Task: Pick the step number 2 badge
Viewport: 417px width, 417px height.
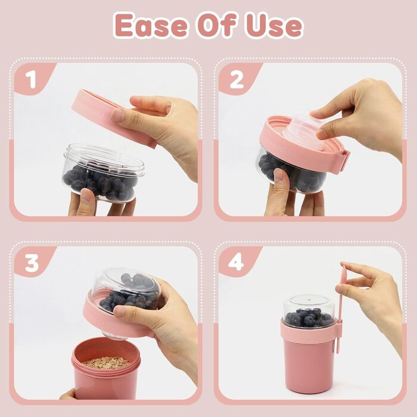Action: click(x=236, y=79)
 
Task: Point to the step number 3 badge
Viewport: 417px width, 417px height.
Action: click(x=32, y=263)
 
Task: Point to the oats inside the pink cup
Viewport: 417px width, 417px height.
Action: click(x=107, y=362)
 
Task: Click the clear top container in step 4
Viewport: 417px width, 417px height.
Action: click(x=309, y=310)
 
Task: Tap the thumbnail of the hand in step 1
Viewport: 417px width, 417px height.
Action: click(x=117, y=116)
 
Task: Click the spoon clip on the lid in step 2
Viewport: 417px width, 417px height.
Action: click(x=345, y=159)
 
